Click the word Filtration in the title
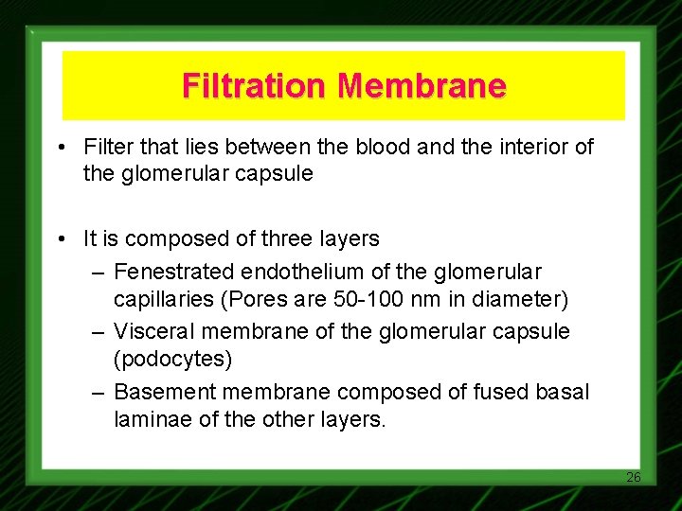click(256, 86)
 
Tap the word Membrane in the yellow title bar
click(422, 86)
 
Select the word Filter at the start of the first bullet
click(106, 147)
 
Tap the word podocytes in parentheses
click(172, 361)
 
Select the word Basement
click(157, 391)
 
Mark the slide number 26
click(634, 477)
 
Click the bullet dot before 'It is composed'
click(61, 239)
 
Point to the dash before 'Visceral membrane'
click(99, 331)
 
